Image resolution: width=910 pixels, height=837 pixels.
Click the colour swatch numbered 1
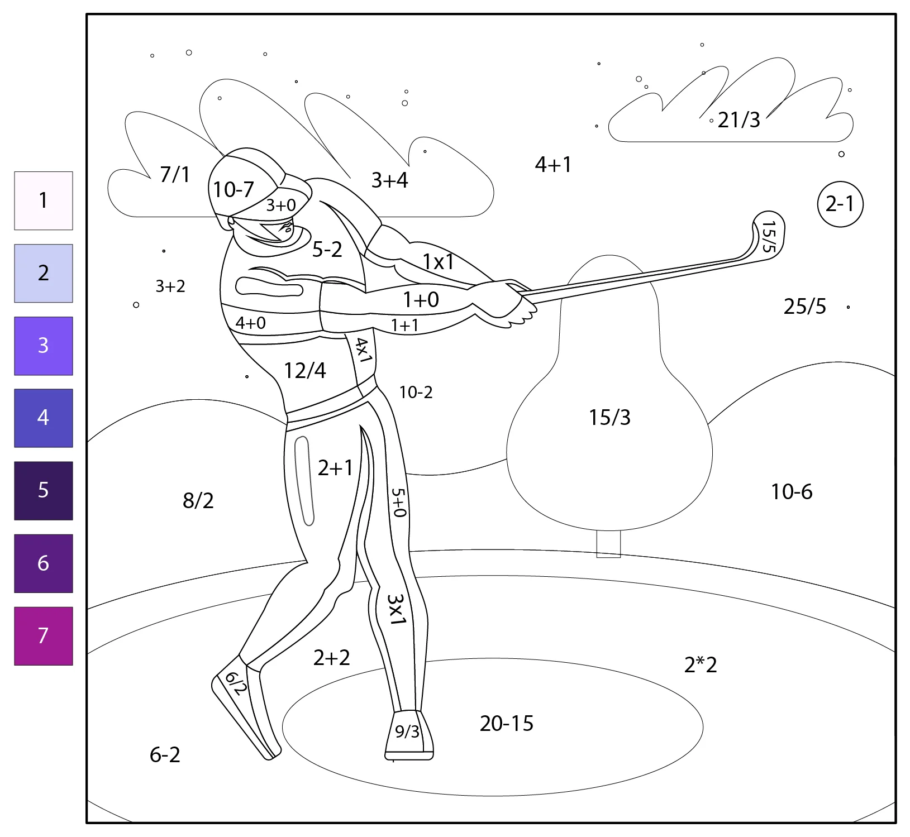click(44, 200)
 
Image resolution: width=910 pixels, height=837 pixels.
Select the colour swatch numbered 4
click(44, 418)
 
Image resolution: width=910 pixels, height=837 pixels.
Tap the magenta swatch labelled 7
click(44, 636)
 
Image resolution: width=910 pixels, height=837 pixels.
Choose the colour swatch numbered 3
click(44, 346)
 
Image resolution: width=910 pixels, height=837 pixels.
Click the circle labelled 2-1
click(840, 204)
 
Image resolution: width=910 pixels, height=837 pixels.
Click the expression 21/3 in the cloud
click(739, 120)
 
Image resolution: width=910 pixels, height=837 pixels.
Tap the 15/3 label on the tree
click(609, 418)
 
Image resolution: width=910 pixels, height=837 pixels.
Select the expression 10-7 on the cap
click(234, 190)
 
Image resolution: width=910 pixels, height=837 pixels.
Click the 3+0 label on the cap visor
click(280, 205)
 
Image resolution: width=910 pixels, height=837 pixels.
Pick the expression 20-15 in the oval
click(507, 724)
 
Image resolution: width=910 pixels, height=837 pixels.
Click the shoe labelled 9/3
click(409, 735)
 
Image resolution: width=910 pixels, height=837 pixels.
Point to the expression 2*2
click(701, 665)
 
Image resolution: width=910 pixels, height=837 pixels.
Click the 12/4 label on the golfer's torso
click(304, 371)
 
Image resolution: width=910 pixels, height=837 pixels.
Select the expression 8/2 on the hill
click(198, 501)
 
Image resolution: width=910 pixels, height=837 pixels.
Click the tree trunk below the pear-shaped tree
click(608, 544)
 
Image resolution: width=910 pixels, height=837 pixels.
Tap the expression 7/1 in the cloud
click(175, 175)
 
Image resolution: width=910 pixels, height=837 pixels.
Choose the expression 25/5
click(804, 307)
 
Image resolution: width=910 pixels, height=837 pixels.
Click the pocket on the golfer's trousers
click(304, 481)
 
